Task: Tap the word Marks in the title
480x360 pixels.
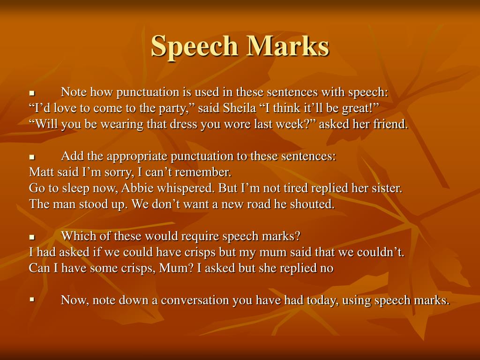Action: (x=289, y=46)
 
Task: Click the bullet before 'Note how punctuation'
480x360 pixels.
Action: (x=32, y=93)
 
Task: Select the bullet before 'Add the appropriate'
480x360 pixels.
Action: (x=32, y=157)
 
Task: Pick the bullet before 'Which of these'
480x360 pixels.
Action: (x=32, y=237)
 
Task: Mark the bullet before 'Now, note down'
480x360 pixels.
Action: (x=32, y=299)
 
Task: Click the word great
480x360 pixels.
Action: (x=360, y=108)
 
